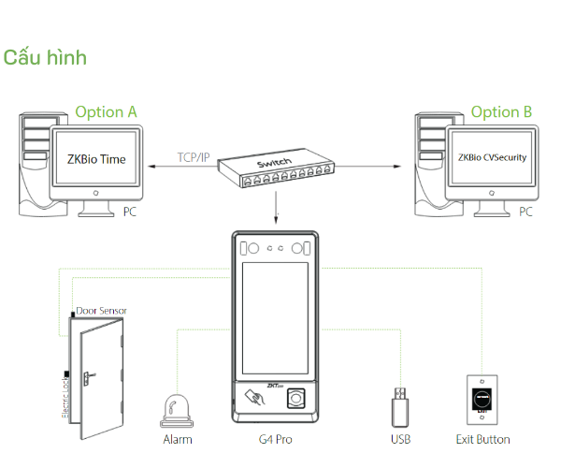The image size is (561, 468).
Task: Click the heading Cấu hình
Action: coord(45,58)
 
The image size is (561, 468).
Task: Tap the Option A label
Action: coord(106,112)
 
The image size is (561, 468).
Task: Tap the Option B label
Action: coord(501,112)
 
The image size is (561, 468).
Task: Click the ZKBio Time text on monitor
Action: coord(96,159)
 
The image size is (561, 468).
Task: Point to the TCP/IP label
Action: coord(194,158)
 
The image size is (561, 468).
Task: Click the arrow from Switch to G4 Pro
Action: coord(277,208)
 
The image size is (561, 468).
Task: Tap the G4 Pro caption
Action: coord(276,439)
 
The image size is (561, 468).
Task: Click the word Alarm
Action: coord(178,439)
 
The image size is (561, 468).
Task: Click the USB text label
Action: coord(400,439)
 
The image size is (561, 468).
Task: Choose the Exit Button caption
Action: coord(482,439)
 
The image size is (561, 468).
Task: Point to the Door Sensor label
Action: coord(101,311)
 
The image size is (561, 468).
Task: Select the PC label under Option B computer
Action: coord(525,212)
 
